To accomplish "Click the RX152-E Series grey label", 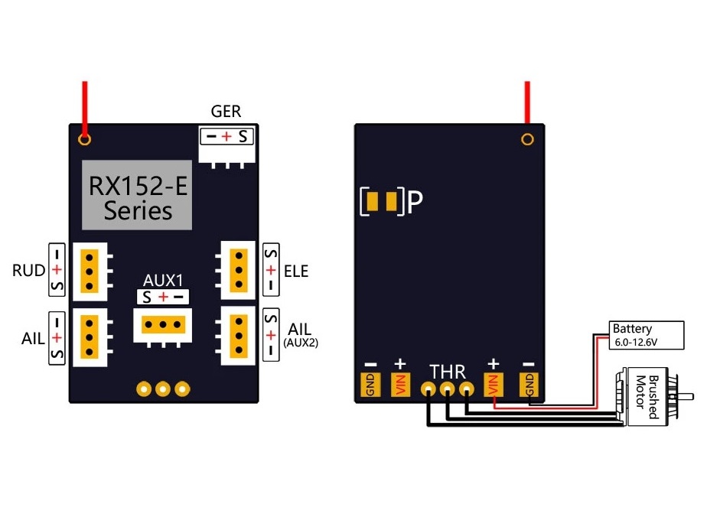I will click(x=137, y=195).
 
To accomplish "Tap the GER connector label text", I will click(x=226, y=112).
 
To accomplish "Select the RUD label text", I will click(x=29, y=271).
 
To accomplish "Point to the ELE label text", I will click(x=295, y=271).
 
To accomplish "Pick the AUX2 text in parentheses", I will click(x=300, y=343).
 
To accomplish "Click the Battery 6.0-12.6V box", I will click(x=645, y=335).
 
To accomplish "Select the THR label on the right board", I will click(x=447, y=372).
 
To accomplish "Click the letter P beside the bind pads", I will click(x=415, y=202).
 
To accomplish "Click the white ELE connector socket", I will click(x=238, y=270).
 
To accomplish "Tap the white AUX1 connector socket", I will click(x=161, y=326).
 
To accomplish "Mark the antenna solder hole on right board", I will click(x=527, y=139).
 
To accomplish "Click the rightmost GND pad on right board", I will click(x=528, y=385).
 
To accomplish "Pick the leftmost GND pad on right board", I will click(x=369, y=385).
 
